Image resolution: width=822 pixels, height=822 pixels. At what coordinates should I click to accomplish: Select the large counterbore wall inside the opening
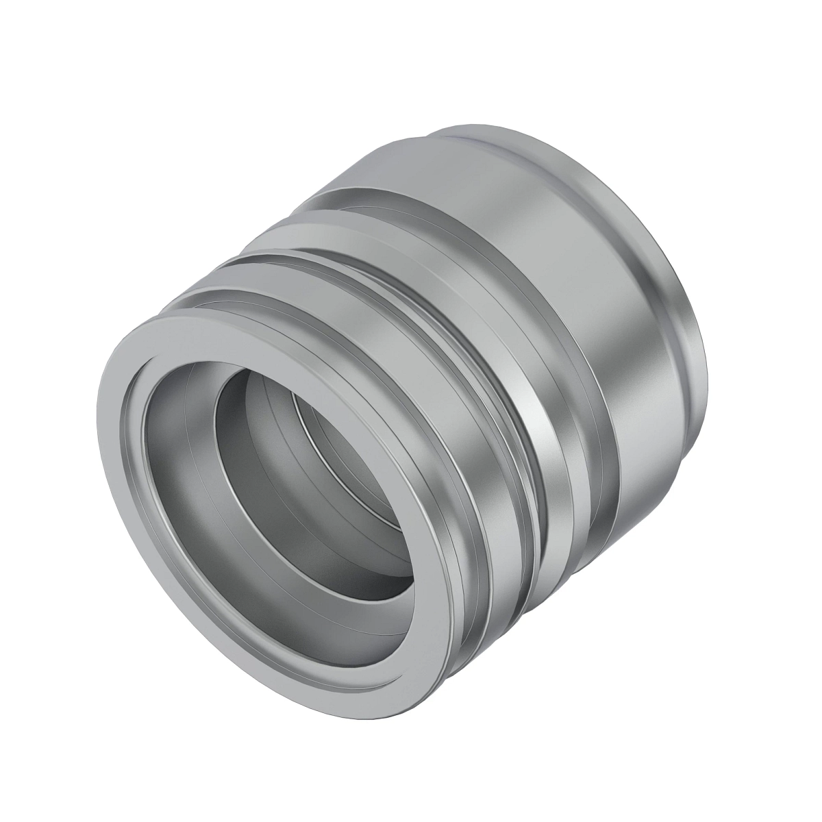(178, 493)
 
